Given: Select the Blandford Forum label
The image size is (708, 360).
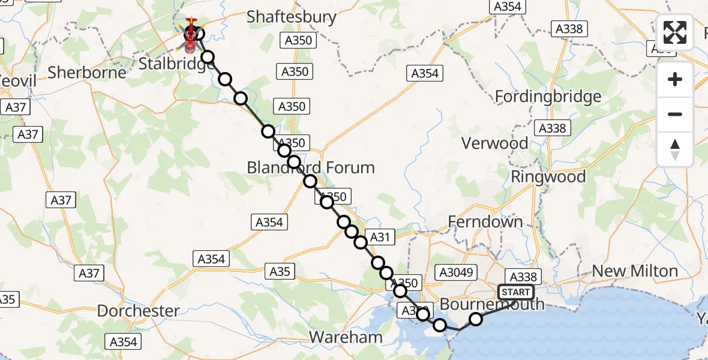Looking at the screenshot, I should point(311,167).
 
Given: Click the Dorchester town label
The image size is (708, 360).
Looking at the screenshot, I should point(138,311).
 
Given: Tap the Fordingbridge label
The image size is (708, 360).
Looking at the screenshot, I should point(547,97).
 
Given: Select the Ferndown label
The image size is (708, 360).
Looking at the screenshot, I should point(485,222).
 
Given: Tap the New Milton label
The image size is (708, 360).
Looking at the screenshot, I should point(635,271).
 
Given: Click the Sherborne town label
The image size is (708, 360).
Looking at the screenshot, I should point(87,73).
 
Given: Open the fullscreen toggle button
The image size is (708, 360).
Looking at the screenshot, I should point(675,32).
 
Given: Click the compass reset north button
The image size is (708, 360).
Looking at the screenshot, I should point(675,149).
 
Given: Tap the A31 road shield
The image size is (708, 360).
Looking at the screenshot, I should point(380,237).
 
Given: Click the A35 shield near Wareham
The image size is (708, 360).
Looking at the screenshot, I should point(280,271).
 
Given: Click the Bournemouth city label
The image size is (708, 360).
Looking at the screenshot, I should point(492,304).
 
